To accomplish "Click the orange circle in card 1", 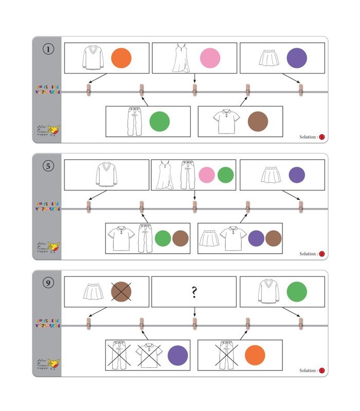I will pos(121,58).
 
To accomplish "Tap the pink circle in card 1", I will pos(210,58).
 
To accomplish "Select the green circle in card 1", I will pos(159,122).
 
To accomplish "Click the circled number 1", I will pos(47,51).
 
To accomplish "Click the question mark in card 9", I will pos(194,292).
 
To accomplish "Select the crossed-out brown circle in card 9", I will pos(121,292).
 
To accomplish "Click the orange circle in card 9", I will pos(255,356).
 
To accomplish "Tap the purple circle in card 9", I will pos(178,356).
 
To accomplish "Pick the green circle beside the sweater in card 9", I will pos(296,292).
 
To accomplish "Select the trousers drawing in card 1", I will pos(134,122).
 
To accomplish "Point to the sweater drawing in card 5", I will pos(106,175).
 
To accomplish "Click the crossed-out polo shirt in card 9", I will pos(149,355).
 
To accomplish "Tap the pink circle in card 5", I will pos(207,175).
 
